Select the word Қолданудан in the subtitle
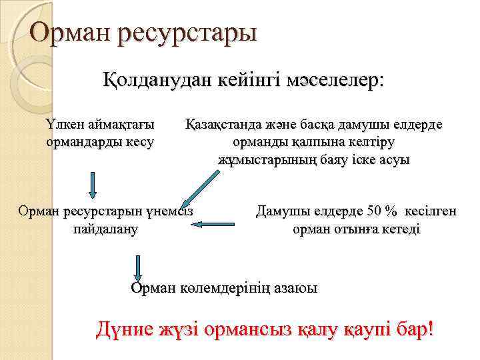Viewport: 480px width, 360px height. click(x=147, y=81)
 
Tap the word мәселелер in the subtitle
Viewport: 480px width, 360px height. click(x=333, y=81)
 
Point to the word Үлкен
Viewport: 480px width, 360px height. click(x=63, y=124)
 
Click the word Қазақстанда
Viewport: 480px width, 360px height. click(x=219, y=124)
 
